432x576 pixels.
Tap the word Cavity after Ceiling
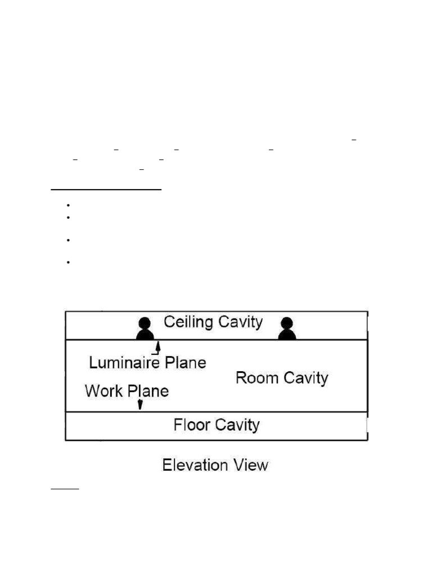point(240,322)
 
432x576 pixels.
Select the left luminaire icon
point(145,328)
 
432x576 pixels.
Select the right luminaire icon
point(287,328)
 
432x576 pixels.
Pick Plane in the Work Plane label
point(147,391)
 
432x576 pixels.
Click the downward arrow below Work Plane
point(140,404)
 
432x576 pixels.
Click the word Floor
point(192,424)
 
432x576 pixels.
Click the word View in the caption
point(251,466)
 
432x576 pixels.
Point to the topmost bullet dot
point(67,205)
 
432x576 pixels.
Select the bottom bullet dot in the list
point(67,262)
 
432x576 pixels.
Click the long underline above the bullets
point(106,190)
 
